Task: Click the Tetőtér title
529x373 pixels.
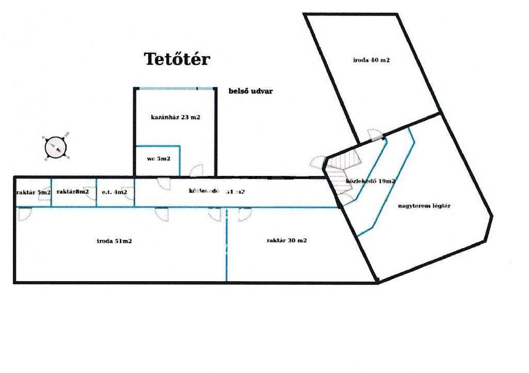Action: [177, 59]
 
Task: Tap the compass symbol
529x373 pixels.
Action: [56, 148]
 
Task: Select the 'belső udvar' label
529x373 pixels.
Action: [251, 91]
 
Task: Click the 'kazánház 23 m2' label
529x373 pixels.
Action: [175, 117]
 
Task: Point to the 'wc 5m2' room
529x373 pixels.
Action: [158, 159]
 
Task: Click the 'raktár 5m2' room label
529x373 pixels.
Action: [33, 192]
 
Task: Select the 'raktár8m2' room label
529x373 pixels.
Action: [72, 192]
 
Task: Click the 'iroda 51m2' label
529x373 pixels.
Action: [114, 241]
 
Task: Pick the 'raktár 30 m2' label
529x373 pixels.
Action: [287, 240]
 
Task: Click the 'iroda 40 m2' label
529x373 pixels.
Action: [371, 60]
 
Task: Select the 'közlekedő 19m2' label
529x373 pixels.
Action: [370, 181]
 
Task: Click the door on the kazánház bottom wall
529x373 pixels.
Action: [197, 171]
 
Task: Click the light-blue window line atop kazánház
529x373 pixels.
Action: [175, 89]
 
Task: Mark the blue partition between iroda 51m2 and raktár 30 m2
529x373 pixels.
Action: [226, 245]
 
